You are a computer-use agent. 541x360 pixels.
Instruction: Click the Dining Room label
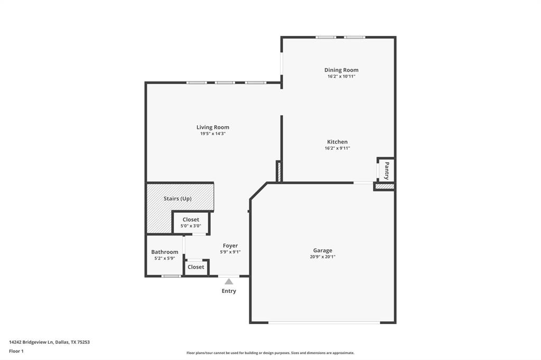341,70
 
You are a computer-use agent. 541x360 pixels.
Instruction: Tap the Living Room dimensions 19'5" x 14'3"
213,134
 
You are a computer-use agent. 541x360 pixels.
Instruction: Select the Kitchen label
337,141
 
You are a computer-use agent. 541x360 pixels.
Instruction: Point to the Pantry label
387,170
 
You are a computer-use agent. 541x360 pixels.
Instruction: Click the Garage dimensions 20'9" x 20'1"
322,257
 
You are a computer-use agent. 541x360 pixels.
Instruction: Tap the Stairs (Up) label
178,198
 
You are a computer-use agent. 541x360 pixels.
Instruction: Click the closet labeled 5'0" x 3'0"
191,222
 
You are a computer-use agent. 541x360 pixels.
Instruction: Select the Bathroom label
164,252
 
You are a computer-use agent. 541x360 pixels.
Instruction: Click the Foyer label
230,245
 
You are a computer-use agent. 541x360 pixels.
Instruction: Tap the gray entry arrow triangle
229,281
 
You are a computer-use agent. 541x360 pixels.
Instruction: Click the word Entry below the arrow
229,291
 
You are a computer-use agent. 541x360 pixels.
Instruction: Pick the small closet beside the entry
195,267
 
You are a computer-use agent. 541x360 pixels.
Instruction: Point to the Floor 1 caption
16,350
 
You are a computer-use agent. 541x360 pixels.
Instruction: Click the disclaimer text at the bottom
270,353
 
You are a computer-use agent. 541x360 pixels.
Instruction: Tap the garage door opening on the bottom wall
324,323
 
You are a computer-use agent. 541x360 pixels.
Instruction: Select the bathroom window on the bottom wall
171,276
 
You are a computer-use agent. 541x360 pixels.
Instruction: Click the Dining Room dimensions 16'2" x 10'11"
341,77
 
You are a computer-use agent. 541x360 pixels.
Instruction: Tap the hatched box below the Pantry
385,186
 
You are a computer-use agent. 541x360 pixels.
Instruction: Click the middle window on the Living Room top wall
225,82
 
